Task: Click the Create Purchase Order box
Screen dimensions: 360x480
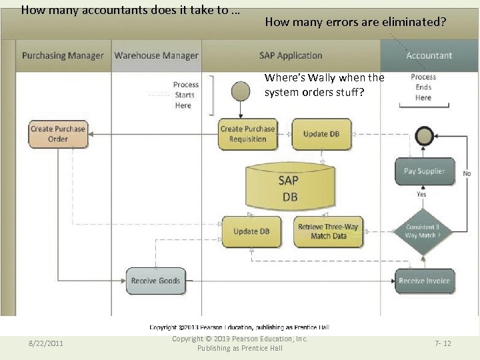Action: click(x=58, y=134)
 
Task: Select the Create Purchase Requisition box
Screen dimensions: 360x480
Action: click(x=247, y=134)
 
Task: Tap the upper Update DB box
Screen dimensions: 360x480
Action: click(x=321, y=134)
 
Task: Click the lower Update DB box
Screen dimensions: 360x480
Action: click(x=251, y=231)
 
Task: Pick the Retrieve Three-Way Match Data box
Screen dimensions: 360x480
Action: click(x=328, y=231)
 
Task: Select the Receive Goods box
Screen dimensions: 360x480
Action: click(x=155, y=281)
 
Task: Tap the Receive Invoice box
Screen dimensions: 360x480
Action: click(x=424, y=281)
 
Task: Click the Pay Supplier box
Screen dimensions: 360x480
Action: click(x=424, y=171)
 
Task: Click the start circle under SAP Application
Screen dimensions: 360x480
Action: click(x=239, y=91)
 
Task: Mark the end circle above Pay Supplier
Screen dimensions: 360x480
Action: click(x=423, y=136)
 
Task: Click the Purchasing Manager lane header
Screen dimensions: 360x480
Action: click(x=63, y=56)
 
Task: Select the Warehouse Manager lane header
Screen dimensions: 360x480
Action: click(x=156, y=56)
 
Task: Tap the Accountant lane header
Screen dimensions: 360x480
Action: click(x=429, y=56)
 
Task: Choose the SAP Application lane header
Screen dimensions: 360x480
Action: click(x=291, y=56)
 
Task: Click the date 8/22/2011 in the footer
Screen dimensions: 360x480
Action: click(x=46, y=343)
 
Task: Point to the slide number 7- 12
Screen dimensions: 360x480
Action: click(x=443, y=343)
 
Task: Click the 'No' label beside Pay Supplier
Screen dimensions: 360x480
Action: click(x=467, y=173)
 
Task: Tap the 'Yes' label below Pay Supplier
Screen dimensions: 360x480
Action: click(x=421, y=194)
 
